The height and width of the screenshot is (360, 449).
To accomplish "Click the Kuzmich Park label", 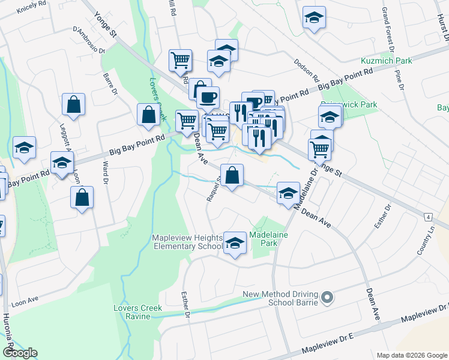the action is [x=387, y=61].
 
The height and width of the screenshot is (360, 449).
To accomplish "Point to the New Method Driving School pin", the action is [x=327, y=298].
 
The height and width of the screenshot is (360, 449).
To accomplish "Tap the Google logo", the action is [x=20, y=353].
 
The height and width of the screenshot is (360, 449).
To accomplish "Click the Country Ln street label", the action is [x=427, y=239].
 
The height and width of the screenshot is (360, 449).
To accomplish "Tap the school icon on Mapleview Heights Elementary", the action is [x=235, y=243].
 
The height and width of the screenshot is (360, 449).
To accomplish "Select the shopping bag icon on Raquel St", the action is [x=232, y=176].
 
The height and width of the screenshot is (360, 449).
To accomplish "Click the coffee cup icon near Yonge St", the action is [x=208, y=97].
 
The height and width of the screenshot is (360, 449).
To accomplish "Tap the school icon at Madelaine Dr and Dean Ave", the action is [x=288, y=193].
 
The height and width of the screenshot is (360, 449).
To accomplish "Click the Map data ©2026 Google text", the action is [x=411, y=355].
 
